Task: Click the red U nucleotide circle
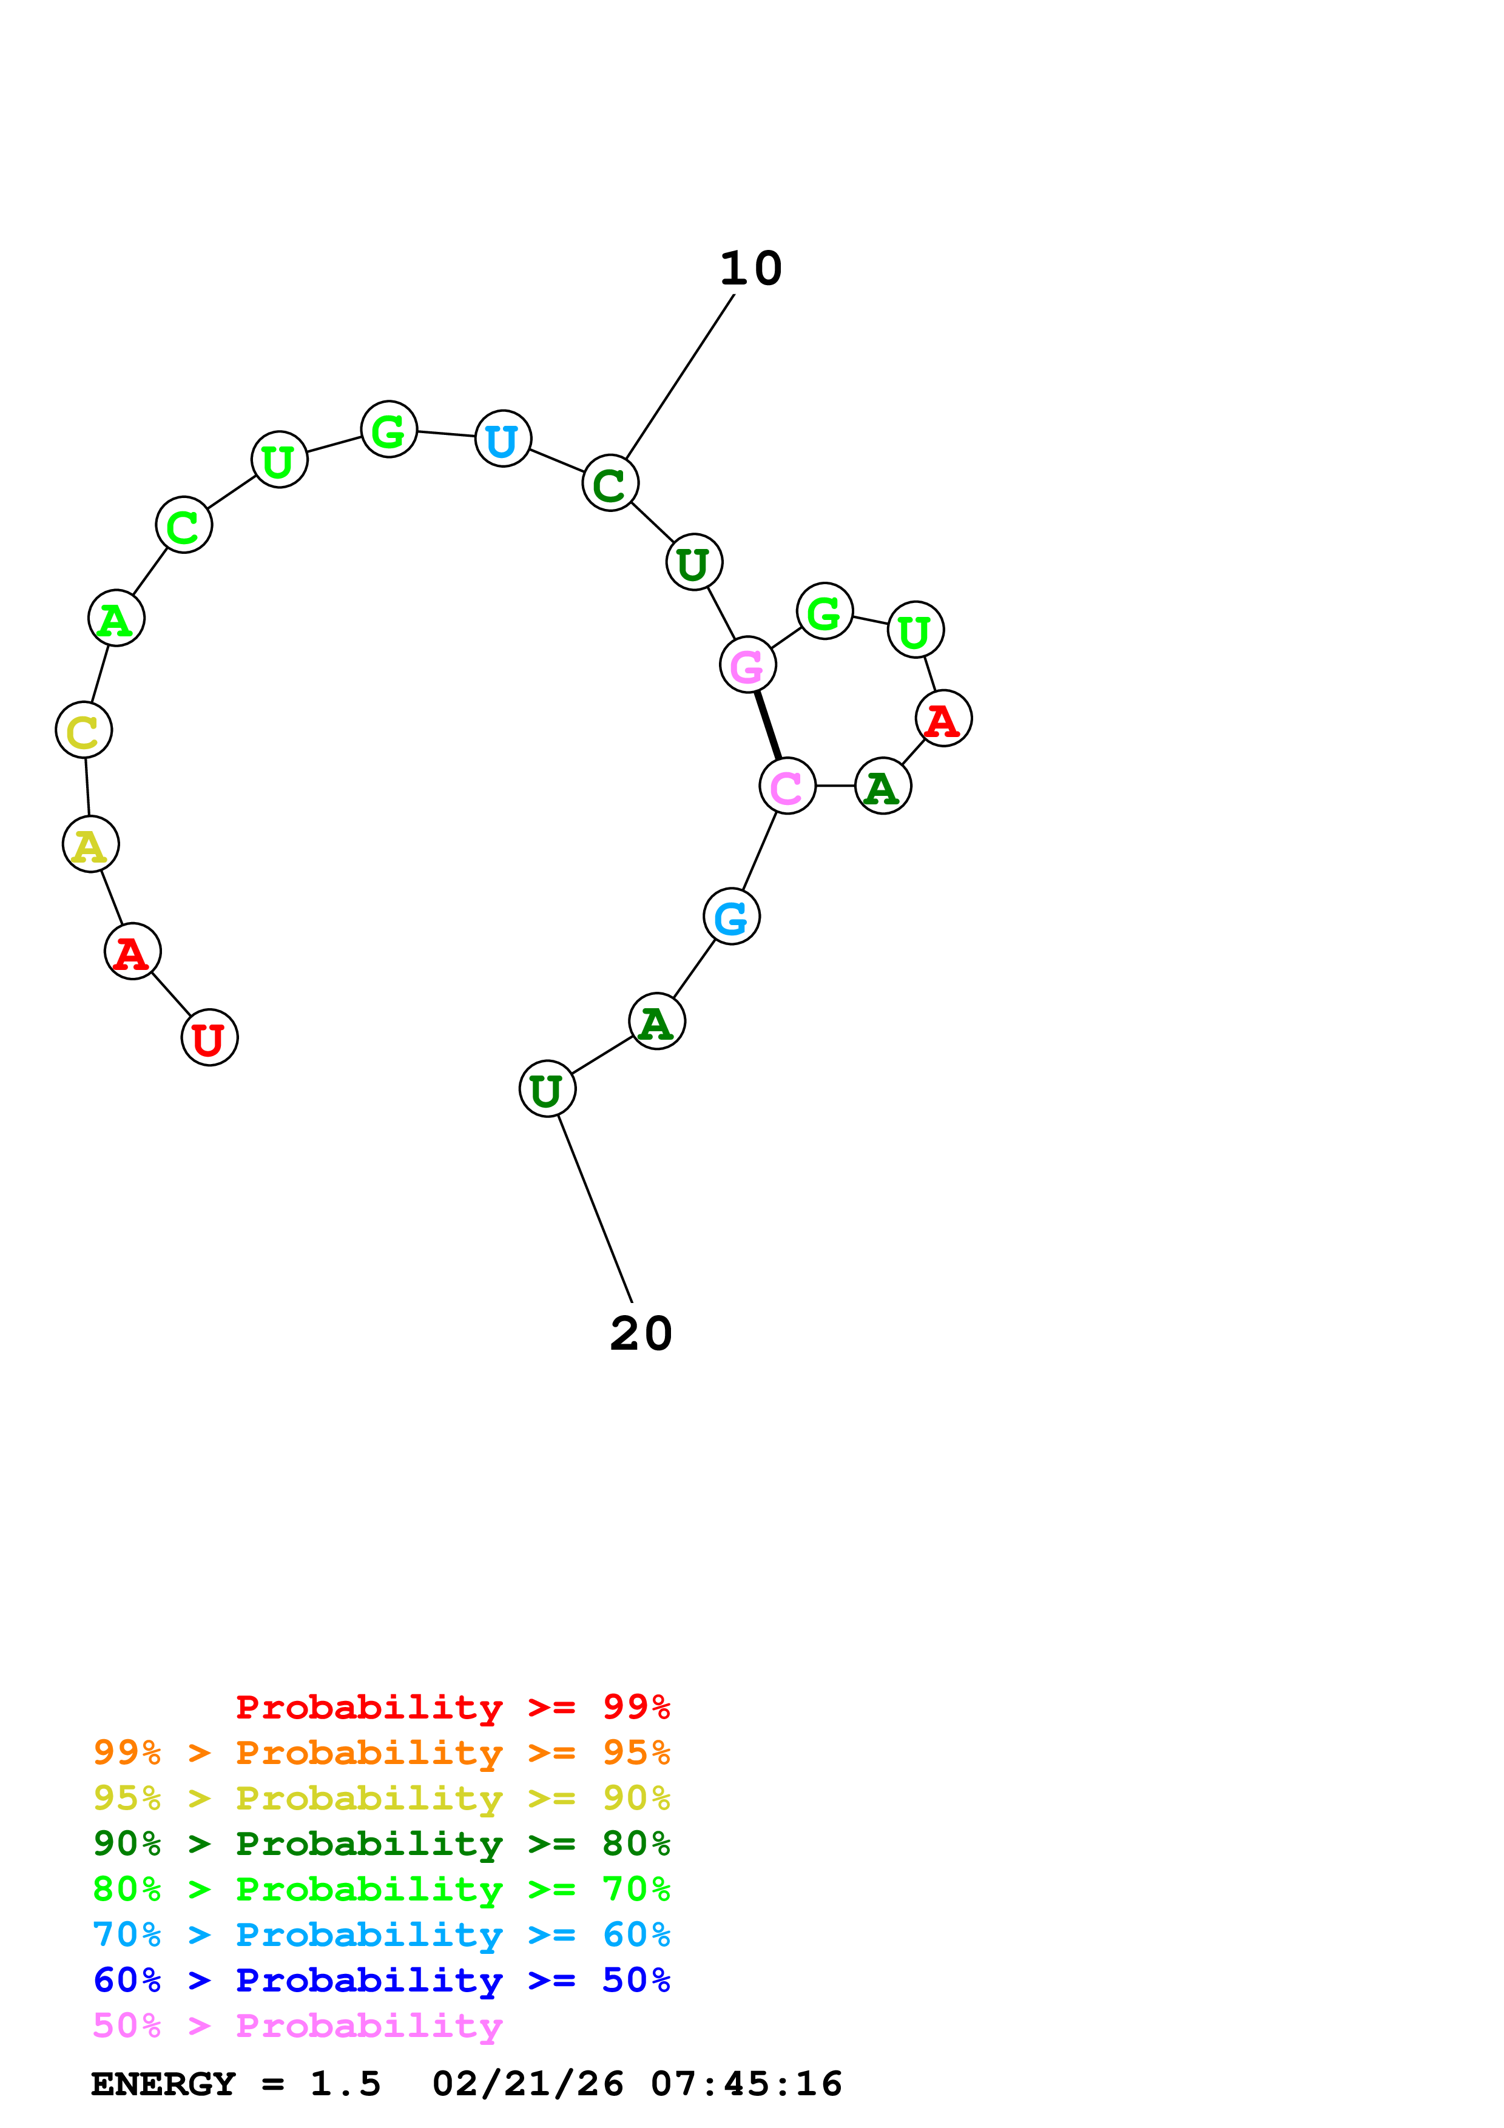point(209,1037)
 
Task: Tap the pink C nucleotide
point(787,786)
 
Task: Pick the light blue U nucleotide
point(502,439)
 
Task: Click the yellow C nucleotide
point(83,730)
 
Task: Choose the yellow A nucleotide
point(90,844)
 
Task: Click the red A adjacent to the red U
point(132,951)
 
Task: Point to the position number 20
point(640,1334)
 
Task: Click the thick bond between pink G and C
point(767,725)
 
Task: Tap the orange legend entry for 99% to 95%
point(381,1753)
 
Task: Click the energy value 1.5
point(345,2084)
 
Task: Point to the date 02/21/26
point(527,2084)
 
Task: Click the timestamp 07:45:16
point(746,2084)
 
